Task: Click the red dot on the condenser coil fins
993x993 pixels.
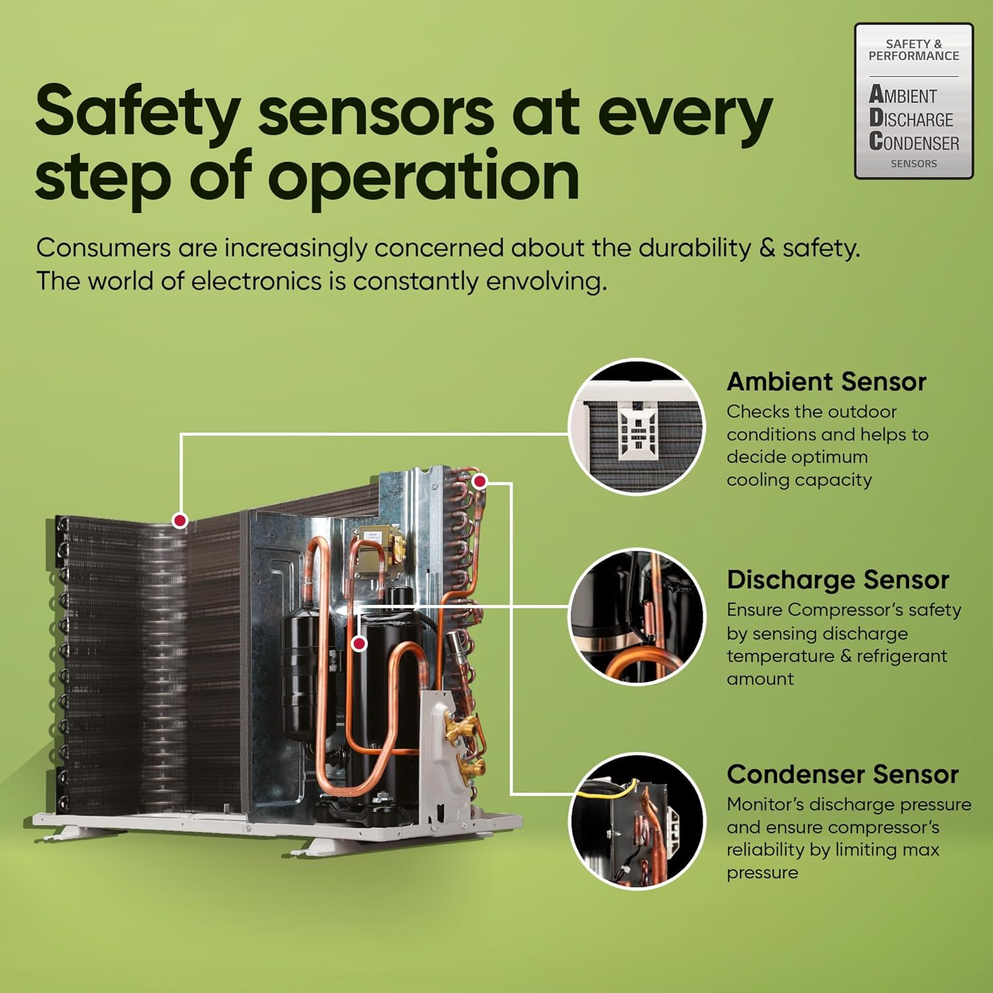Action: [179, 520]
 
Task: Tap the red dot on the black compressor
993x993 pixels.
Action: [359, 643]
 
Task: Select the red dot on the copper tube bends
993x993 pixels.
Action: [480, 481]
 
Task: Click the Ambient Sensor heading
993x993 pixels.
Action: [826, 382]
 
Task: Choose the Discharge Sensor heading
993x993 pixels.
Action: [837, 580]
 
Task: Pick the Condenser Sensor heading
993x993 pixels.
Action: [842, 774]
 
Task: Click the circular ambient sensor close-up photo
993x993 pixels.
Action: [637, 426]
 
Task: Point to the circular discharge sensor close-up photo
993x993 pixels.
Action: [637, 616]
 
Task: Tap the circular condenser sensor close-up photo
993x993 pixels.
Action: [637, 821]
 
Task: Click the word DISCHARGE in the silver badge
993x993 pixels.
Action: [911, 118]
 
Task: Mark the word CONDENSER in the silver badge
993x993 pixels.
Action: [914, 142]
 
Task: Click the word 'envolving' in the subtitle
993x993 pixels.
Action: [546, 281]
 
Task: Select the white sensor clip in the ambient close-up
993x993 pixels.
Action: [638, 430]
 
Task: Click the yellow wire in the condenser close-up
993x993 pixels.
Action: [608, 790]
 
